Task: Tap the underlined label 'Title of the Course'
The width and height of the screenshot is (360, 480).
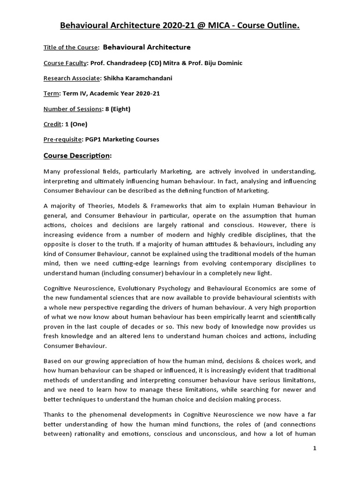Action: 71,47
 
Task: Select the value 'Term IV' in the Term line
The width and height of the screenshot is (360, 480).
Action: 74,94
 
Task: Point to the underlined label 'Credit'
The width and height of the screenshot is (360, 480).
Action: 52,124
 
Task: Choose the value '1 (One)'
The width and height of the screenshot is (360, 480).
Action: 75,124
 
